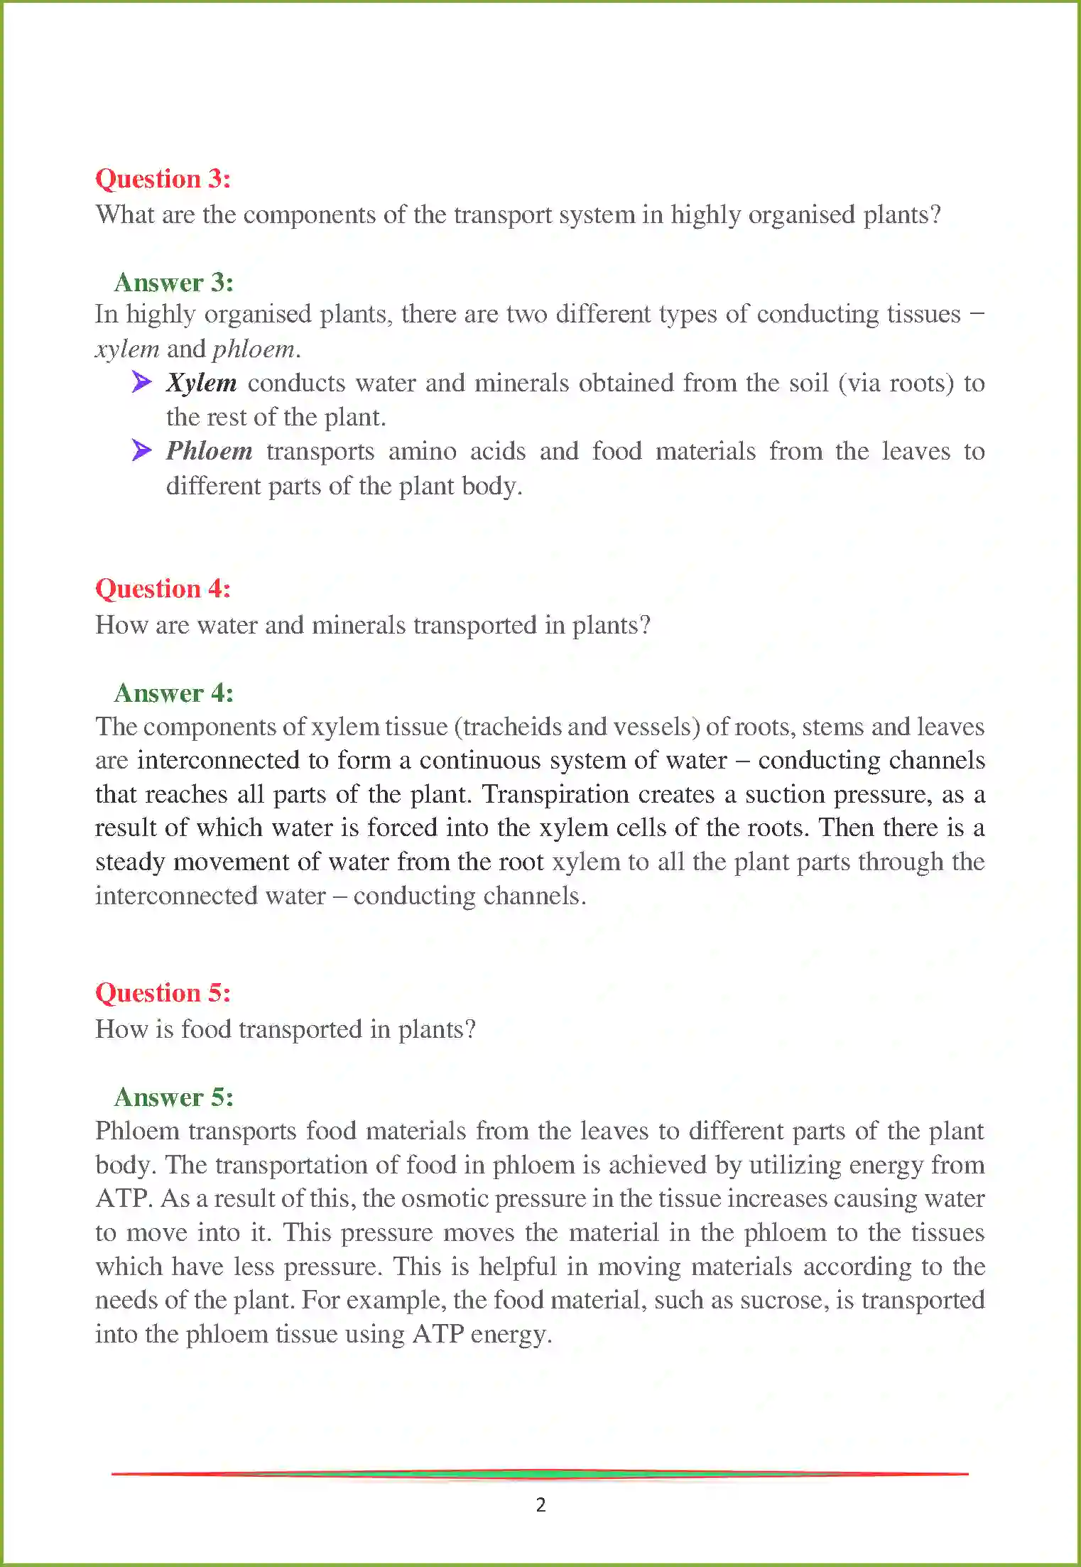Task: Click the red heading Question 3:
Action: (163, 179)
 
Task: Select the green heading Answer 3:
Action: (173, 283)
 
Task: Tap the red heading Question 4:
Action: (163, 589)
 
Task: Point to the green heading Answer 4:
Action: (173, 693)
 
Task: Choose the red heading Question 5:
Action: (163, 993)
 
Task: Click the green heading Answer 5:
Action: (173, 1097)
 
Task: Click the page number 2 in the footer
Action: (540, 1504)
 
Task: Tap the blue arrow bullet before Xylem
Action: (141, 382)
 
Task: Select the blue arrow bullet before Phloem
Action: (141, 450)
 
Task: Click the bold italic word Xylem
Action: (201, 383)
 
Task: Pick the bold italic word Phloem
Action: (209, 451)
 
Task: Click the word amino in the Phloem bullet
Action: (422, 452)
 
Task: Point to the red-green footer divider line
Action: (540, 1474)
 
